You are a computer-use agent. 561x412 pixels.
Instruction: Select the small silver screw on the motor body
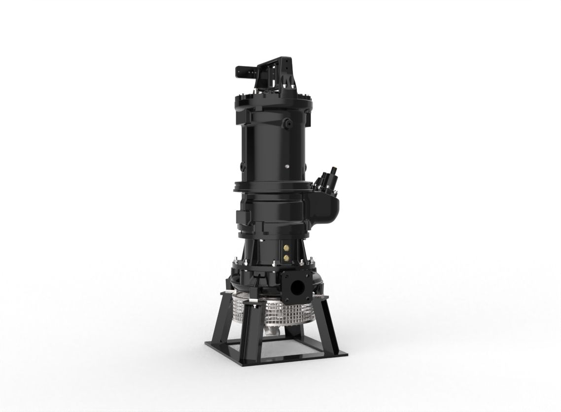[286, 167]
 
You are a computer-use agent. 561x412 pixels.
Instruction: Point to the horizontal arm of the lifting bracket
[245, 72]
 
